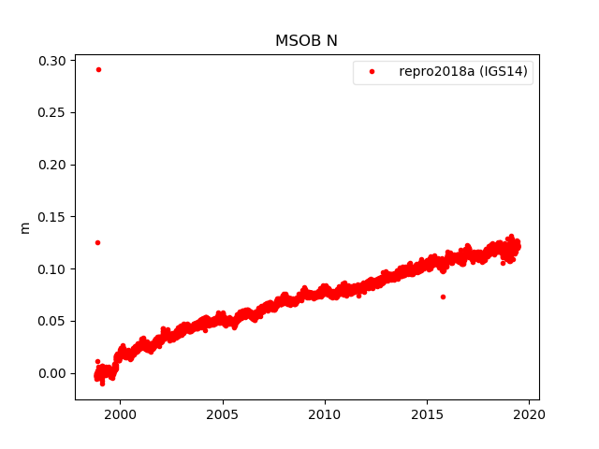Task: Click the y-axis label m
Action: pos(25,227)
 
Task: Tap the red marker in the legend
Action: pos(373,72)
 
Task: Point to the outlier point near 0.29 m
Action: pos(98,69)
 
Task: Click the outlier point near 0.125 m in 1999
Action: pos(97,242)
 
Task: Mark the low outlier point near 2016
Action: pos(443,297)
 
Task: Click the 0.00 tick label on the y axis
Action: pos(51,373)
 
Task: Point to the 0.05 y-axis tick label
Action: pos(51,321)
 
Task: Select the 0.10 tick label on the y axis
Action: pos(51,269)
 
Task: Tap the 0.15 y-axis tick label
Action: pos(51,217)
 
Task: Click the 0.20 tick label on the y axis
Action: pos(51,165)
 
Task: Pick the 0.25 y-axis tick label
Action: pos(51,113)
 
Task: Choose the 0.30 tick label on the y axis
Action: pos(51,61)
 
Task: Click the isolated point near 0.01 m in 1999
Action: pos(97,361)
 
